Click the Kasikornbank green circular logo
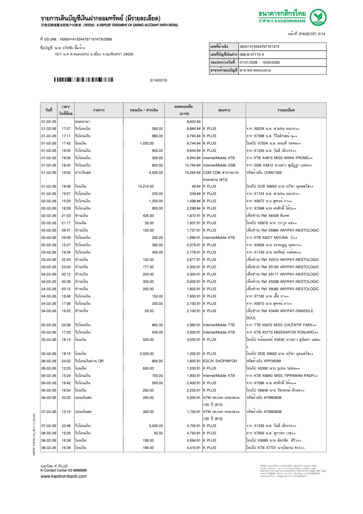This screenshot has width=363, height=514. coord(318,17)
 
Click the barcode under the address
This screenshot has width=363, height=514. coord(83,80)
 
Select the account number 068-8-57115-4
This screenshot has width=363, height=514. coord(251,55)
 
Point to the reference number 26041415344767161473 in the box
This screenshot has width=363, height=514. coord(259,47)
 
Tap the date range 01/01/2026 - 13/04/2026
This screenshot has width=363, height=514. coord(259,62)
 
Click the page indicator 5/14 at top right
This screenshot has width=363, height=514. coord(321,34)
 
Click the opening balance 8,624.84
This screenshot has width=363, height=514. coord(194,122)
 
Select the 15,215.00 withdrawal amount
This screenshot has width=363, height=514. coord(145,186)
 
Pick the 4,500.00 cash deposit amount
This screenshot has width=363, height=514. coord(156,173)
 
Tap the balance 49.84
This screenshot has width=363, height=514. coord(196,186)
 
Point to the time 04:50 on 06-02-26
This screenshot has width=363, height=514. coord(66,361)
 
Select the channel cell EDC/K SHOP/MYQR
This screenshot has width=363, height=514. coord(220,361)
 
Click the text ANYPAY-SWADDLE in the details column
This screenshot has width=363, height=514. coord(297,311)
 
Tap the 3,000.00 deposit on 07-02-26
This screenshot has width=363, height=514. coord(156,426)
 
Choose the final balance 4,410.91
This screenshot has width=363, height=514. coord(194,448)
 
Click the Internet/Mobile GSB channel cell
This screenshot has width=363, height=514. coord(219,165)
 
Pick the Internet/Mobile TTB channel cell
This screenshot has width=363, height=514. coord(219,325)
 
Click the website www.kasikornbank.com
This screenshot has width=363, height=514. coord(64,476)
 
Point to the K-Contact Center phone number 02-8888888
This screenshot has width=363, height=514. coord(77,470)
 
